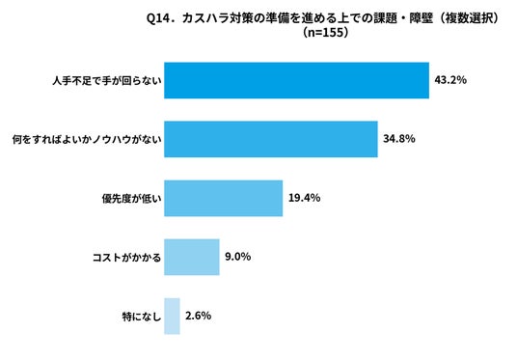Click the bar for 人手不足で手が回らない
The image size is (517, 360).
coord(297,80)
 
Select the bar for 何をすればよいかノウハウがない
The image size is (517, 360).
coord(271,139)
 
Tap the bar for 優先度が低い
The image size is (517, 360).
coord(224,198)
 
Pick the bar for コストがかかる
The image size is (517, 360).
coord(192,257)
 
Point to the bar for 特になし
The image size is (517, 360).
coord(172,317)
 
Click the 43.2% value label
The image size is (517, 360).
coord(450,80)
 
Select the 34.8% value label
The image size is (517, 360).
coord(399,139)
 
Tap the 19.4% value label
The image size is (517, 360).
coord(305,198)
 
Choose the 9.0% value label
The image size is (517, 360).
coord(237,257)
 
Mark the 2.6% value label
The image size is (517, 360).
coord(198,316)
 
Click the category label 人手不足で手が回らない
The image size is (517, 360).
coord(107,81)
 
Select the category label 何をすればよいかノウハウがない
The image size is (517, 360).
coord(87,140)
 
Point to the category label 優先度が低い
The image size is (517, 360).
coord(131,198)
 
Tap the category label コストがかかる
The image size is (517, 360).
coord(126,258)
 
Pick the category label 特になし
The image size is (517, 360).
coord(142,317)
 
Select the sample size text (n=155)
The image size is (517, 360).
coord(325,33)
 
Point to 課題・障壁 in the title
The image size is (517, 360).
coord(403,18)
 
